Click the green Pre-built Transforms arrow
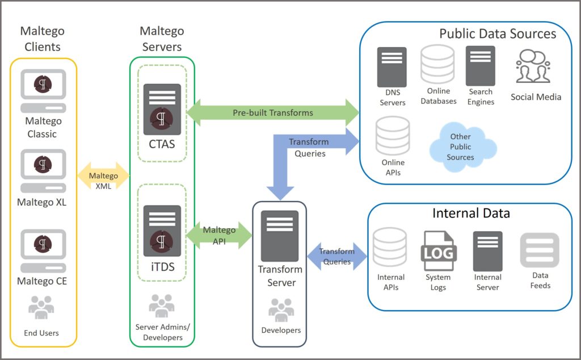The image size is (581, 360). click(x=273, y=112)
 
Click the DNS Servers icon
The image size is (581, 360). click(x=392, y=67)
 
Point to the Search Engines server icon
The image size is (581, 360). click(x=481, y=65)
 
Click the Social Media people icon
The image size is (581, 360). click(x=533, y=66)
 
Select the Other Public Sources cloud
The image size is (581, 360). click(x=460, y=146)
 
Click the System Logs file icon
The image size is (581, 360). click(x=438, y=250)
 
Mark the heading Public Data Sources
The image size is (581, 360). click(x=498, y=34)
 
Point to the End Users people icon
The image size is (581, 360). click(x=41, y=309)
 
